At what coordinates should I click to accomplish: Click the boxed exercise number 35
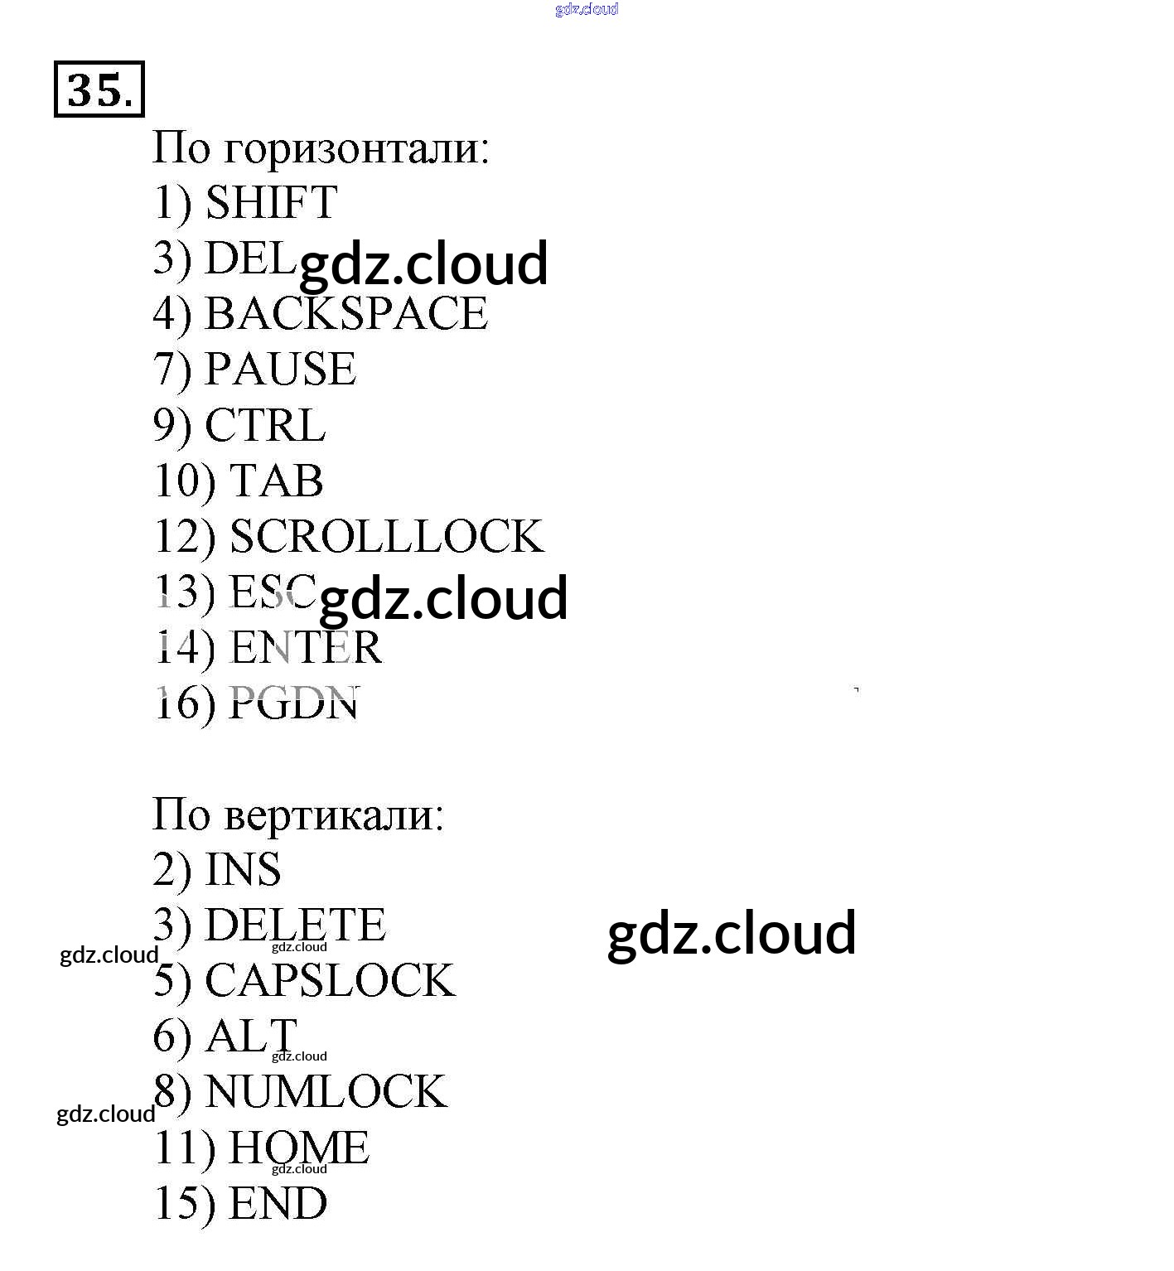(99, 89)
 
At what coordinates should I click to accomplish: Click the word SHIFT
(271, 202)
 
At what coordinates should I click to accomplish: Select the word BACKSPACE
(345, 313)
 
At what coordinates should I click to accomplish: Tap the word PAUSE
(280, 369)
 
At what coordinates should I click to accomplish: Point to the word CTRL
(264, 425)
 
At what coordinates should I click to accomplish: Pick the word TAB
(276, 481)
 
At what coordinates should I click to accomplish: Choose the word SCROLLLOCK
(386, 536)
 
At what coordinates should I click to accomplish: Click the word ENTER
(306, 647)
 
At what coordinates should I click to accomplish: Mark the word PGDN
(293, 703)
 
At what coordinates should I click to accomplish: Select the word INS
(243, 869)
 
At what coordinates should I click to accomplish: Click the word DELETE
(295, 925)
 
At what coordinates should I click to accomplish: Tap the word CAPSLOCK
(330, 980)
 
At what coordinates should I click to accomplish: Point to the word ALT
(251, 1036)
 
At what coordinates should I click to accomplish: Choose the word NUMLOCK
(326, 1091)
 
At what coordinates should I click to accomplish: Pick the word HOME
(298, 1148)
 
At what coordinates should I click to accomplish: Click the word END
(278, 1203)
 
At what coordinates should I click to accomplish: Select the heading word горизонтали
(356, 148)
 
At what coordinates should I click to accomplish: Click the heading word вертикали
(334, 814)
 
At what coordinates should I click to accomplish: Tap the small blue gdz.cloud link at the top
(587, 9)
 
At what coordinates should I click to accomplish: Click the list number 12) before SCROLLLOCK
(184, 537)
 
